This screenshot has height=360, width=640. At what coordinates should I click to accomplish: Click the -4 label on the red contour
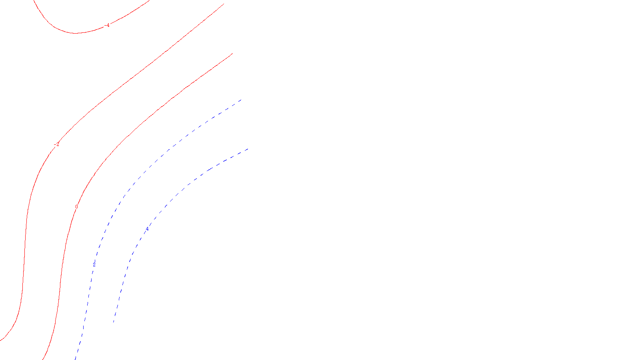107,26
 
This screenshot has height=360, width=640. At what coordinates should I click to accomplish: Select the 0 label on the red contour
76,207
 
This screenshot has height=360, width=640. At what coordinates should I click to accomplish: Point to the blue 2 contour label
94,265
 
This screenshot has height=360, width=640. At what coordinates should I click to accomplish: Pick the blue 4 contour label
147,229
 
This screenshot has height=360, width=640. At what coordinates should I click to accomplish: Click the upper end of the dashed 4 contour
248,149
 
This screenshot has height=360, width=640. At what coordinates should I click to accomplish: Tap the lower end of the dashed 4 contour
114,322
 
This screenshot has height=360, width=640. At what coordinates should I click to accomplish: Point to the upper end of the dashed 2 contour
241,100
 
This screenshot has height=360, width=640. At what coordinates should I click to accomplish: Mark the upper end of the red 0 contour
232,54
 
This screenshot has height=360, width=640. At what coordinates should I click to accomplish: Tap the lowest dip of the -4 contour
75,33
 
